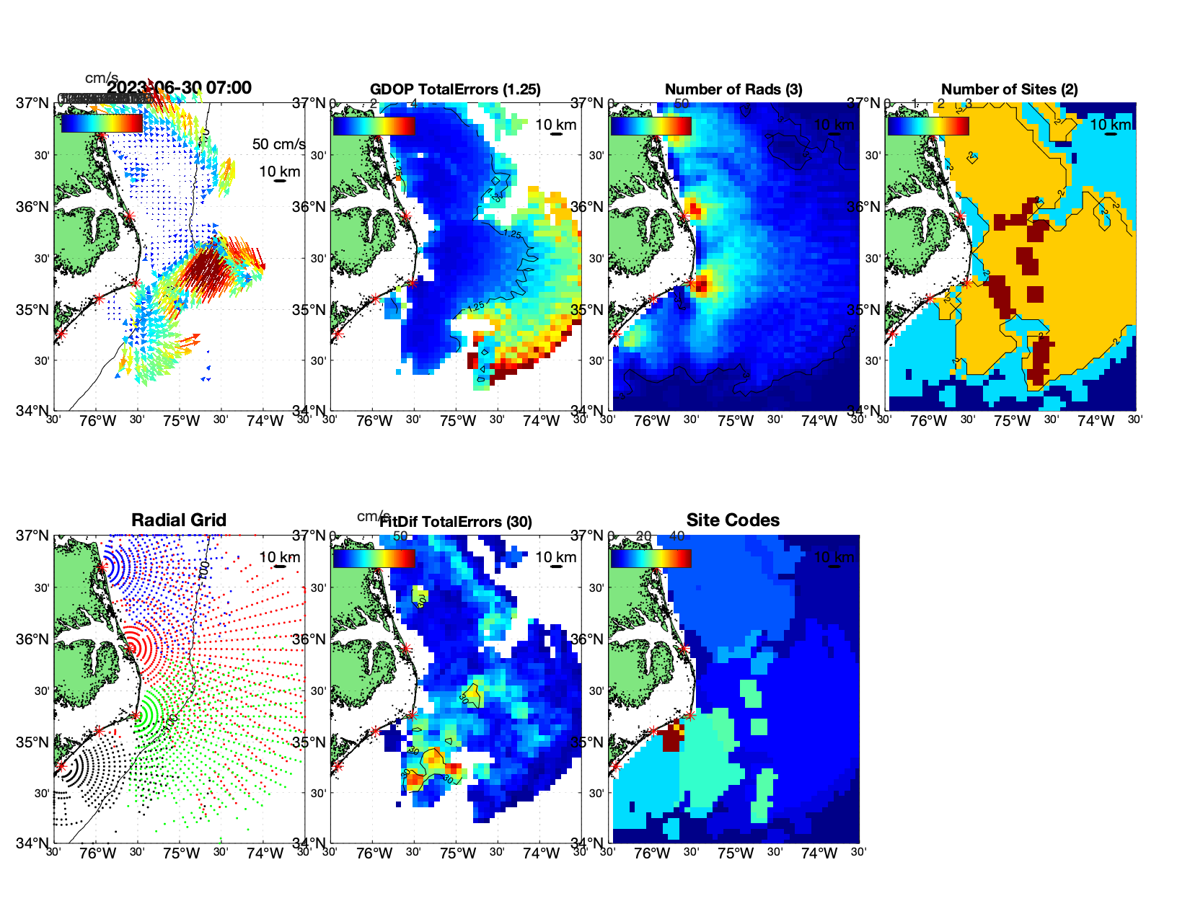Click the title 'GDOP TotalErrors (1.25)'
pyautogui.click(x=455, y=89)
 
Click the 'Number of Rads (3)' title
pyautogui.click(x=733, y=89)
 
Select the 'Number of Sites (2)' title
pyautogui.click(x=1010, y=89)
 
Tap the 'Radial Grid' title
pyautogui.click(x=179, y=520)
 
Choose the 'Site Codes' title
pyautogui.click(x=733, y=520)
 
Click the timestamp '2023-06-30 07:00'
pyautogui.click(x=180, y=88)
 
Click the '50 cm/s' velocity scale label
pyautogui.click(x=278, y=144)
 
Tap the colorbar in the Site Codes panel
pyautogui.click(x=651, y=558)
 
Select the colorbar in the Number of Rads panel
pyautogui.click(x=651, y=125)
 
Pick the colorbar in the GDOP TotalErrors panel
pyautogui.click(x=374, y=125)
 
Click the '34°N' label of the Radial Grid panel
pyautogui.click(x=32, y=843)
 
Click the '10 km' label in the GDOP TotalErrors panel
pyautogui.click(x=555, y=125)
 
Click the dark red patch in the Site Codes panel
pyautogui.click(x=671, y=738)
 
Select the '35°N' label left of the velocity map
pyautogui.click(x=32, y=310)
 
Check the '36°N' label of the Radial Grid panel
pyautogui.click(x=32, y=639)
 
